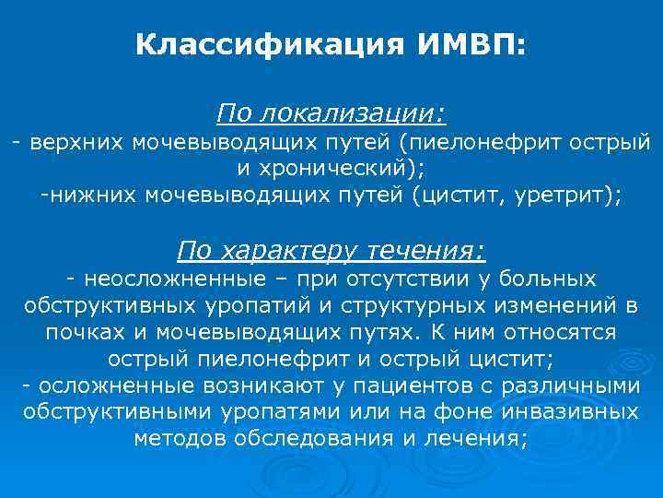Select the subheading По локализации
tap(331, 115)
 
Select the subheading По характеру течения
tap(331, 250)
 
